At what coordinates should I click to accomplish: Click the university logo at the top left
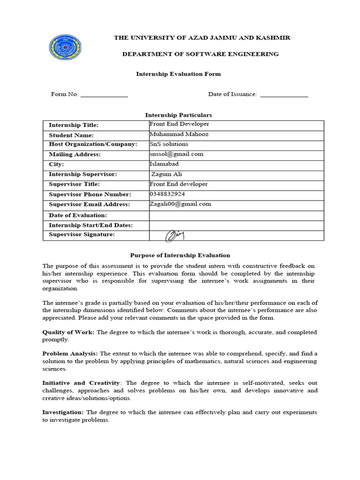(x=65, y=50)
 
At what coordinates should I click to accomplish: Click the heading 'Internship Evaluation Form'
(x=178, y=74)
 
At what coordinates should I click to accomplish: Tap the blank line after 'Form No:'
(x=104, y=95)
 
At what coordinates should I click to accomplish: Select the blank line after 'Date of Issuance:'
(x=284, y=95)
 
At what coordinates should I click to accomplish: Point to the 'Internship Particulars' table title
(x=178, y=115)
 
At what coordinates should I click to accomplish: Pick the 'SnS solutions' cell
(x=169, y=144)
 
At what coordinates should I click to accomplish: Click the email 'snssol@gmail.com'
(x=176, y=154)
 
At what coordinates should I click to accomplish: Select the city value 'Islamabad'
(x=164, y=164)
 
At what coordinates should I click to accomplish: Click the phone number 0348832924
(x=167, y=194)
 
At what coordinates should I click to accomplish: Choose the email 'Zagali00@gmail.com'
(x=180, y=204)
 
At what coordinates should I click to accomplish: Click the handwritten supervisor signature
(x=175, y=235)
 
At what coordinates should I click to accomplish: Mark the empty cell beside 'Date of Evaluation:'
(x=236, y=215)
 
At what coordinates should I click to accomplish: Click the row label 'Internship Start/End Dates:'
(x=91, y=225)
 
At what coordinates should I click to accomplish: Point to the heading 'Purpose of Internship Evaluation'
(x=180, y=255)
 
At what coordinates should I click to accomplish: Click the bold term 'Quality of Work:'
(x=68, y=332)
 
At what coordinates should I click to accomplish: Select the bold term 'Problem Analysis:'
(x=70, y=354)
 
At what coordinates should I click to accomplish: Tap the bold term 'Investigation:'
(x=63, y=412)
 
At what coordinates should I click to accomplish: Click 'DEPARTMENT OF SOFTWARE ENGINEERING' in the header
(x=200, y=54)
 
